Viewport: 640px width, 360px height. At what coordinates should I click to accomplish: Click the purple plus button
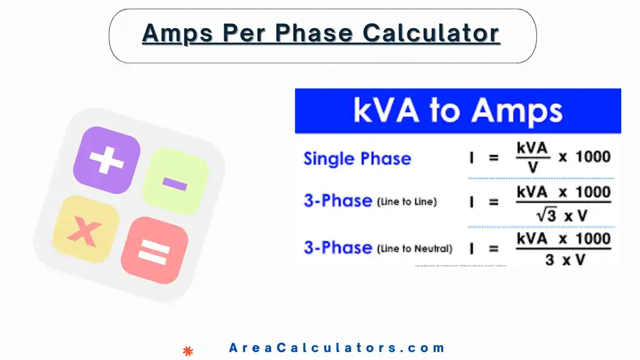tap(106, 160)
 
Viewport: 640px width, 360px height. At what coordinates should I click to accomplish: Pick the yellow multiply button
tap(85, 230)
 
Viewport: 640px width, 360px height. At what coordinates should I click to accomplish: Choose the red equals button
tap(154, 251)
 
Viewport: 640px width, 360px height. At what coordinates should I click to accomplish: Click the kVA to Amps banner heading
tap(457, 111)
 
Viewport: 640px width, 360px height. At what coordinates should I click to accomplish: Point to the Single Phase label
tap(357, 158)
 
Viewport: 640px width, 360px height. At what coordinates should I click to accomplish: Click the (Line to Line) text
tap(407, 202)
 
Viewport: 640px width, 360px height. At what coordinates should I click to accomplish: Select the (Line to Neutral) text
tap(414, 248)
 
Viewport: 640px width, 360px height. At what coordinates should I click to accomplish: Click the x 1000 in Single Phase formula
tap(584, 157)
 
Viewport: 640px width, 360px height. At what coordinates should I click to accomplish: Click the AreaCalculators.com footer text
tap(337, 348)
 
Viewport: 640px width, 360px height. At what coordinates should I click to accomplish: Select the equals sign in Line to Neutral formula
tap(494, 249)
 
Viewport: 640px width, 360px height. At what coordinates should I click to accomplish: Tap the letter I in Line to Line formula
tap(472, 202)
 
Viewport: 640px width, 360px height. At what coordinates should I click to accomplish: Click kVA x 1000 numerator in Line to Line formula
tap(563, 192)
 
